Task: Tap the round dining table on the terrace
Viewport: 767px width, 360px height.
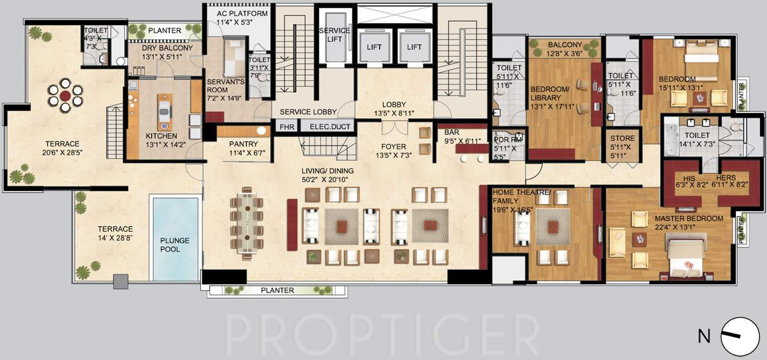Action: [65, 95]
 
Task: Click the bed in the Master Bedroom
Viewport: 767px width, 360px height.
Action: [685, 258]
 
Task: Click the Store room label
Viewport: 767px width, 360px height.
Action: [622, 138]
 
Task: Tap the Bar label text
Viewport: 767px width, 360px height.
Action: [451, 132]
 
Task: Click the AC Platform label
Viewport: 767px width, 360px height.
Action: [242, 14]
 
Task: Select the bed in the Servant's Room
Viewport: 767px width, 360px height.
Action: [233, 58]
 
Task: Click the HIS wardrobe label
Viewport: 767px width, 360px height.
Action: [689, 178]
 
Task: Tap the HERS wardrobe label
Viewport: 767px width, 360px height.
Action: [725, 178]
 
